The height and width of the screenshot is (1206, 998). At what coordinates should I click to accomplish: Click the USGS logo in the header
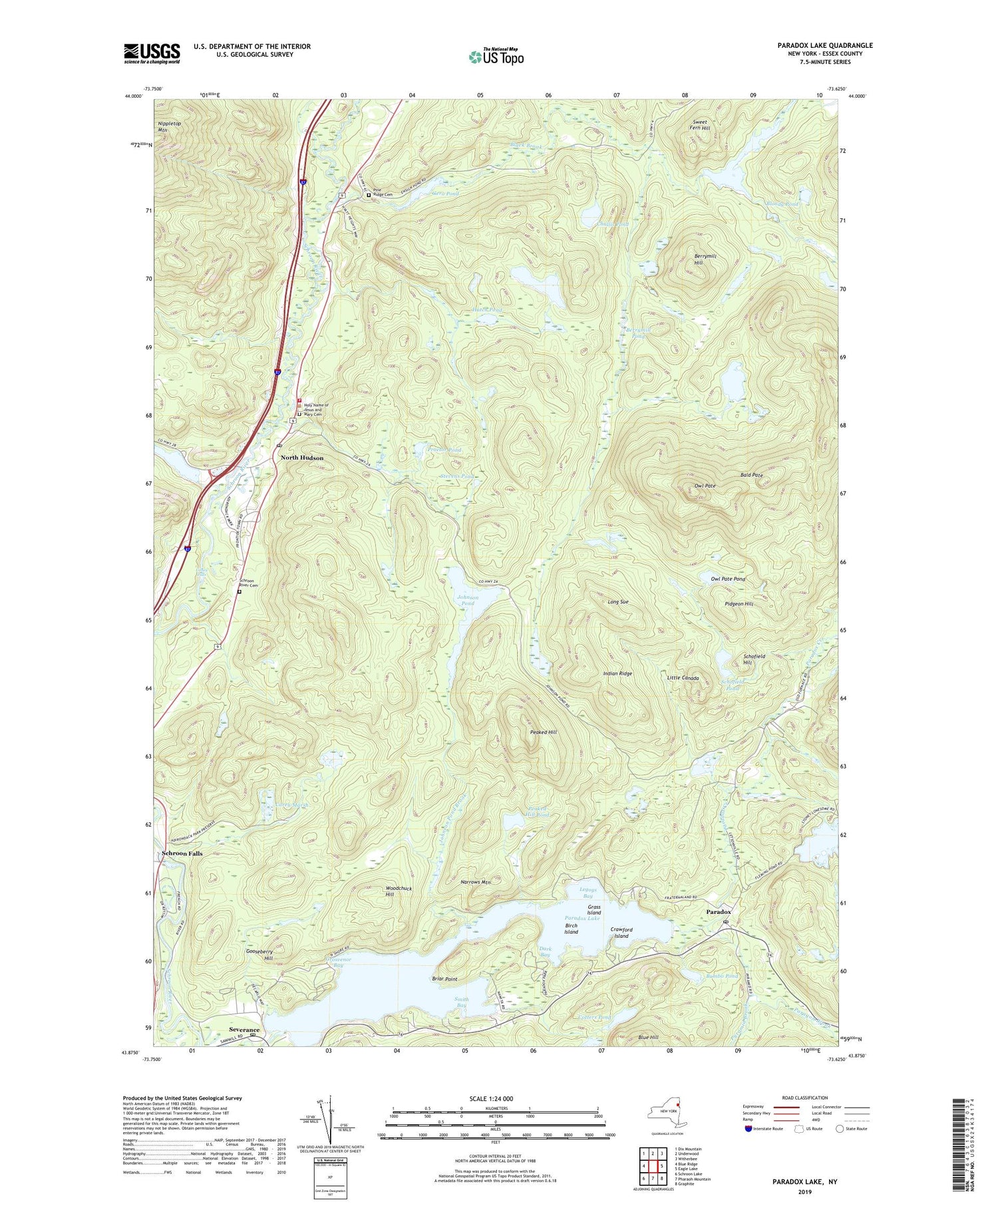point(152,53)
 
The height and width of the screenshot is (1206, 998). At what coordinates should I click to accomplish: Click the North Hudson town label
point(301,458)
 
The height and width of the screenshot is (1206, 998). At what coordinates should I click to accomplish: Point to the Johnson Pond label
point(467,600)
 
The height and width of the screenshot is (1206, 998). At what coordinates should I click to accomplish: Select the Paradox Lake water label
point(582,918)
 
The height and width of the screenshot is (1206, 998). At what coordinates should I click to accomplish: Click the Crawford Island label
point(621,933)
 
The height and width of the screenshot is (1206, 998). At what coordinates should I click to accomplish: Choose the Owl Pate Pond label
point(728,579)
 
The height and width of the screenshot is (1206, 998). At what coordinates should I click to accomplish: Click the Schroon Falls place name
point(182,853)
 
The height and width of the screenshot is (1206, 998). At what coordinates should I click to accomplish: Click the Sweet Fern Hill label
point(700,126)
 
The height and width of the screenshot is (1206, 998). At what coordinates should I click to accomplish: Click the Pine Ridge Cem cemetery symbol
point(369,195)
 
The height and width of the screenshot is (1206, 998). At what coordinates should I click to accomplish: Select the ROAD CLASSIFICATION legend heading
point(805,1098)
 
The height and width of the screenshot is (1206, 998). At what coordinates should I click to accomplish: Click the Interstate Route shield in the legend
point(748,1129)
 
